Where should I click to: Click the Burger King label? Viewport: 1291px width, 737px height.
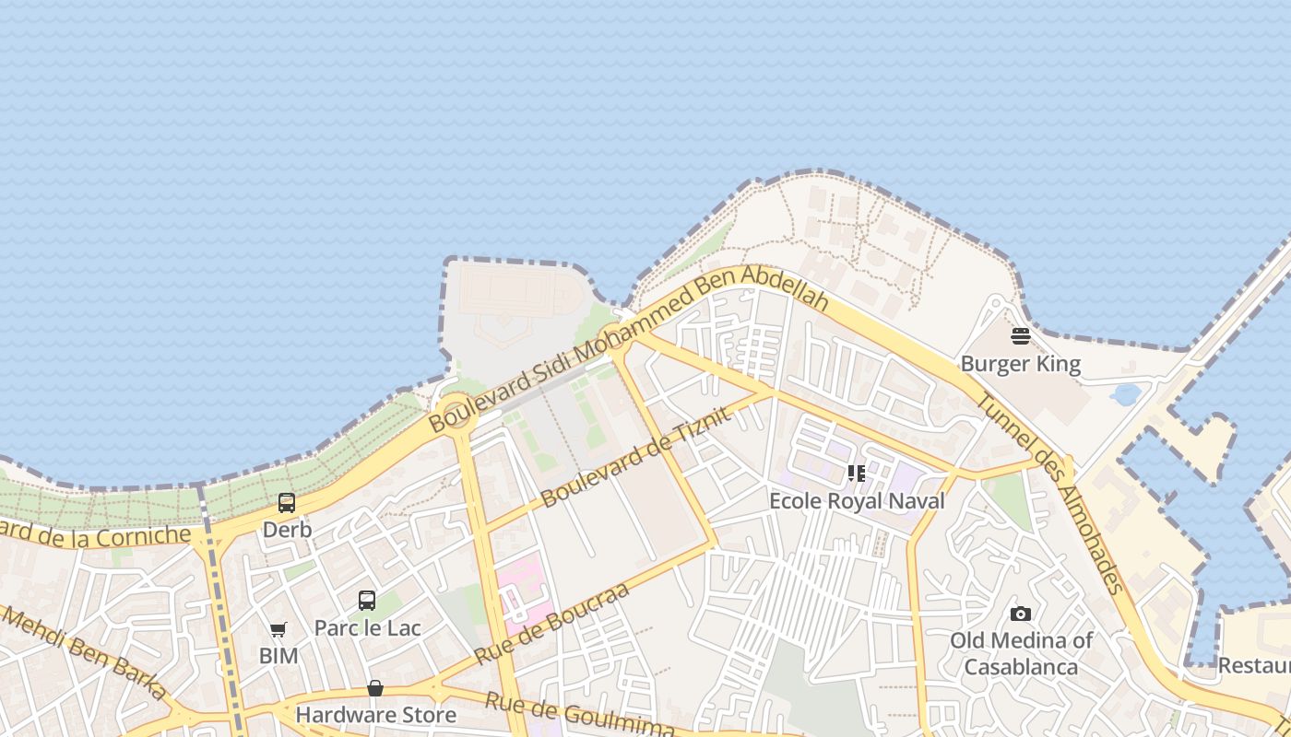click(1020, 364)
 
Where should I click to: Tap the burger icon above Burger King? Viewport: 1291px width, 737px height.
click(1020, 336)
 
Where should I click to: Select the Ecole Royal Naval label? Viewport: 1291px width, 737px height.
click(858, 501)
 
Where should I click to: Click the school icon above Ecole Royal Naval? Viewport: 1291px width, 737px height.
click(857, 474)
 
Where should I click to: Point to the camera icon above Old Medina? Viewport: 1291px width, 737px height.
click(1020, 614)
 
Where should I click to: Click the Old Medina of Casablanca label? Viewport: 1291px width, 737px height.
click(1021, 653)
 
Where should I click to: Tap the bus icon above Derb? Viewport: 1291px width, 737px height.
click(287, 503)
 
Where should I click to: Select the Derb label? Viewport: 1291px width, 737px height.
click(287, 530)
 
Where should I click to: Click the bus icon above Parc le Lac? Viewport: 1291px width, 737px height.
click(367, 601)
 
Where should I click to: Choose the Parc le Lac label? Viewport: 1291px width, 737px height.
click(367, 628)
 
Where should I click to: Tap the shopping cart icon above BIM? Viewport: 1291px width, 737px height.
click(278, 630)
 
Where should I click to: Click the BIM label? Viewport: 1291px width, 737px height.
click(278, 656)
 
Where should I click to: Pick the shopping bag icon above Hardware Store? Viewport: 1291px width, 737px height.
click(375, 688)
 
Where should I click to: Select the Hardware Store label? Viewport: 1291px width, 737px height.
click(375, 715)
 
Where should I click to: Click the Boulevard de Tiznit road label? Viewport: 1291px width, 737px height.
click(636, 457)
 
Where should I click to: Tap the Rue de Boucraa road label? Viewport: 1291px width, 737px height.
click(551, 624)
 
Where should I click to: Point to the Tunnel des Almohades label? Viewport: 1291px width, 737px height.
click(1050, 494)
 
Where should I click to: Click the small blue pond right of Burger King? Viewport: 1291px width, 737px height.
click(1126, 394)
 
